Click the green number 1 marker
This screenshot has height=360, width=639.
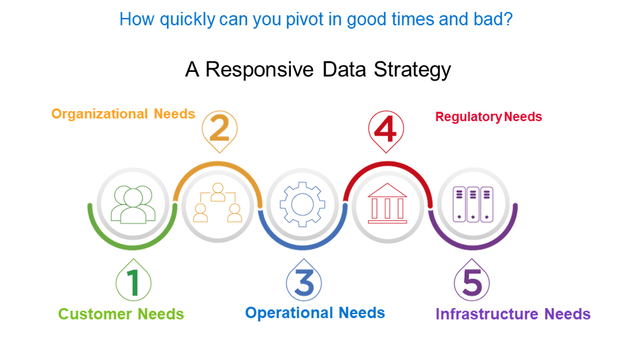(133, 283)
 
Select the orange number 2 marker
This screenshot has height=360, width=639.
(219, 128)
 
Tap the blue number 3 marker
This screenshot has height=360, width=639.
(304, 283)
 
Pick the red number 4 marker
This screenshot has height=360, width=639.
(387, 128)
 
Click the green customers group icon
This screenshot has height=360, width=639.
(133, 204)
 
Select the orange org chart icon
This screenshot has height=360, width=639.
(218, 203)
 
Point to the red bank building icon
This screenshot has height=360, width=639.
(387, 203)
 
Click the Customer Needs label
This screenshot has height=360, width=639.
(121, 314)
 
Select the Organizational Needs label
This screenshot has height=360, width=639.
(123, 114)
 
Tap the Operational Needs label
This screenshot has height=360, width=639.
(315, 313)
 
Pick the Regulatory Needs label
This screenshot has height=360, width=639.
(489, 117)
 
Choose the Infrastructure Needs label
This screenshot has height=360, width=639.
(513, 314)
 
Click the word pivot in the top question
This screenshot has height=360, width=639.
(282, 20)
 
